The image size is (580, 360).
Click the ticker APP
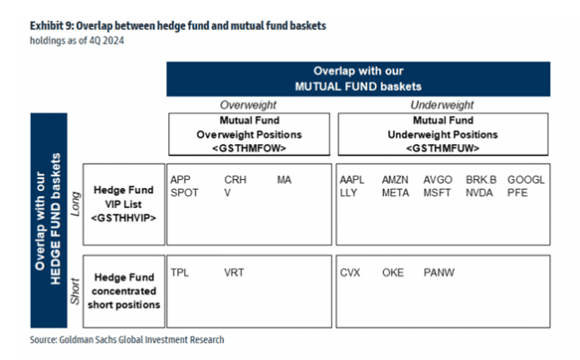tap(180, 180)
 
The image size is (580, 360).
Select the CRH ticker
tap(236, 180)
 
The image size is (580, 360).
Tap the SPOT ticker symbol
tap(184, 193)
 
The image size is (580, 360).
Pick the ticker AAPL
tap(352, 180)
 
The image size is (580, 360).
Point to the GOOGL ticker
tap(526, 180)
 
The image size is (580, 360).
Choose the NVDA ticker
tap(479, 193)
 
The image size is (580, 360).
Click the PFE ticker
tap(517, 193)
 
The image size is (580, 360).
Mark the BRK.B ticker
tap(481, 180)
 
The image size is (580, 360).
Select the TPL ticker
tap(180, 273)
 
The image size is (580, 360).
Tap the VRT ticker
tap(234, 273)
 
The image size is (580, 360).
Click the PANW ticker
tap(439, 273)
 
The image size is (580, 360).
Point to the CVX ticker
tap(350, 273)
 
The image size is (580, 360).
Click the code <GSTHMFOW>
tap(249, 148)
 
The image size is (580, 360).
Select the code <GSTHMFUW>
tap(442, 148)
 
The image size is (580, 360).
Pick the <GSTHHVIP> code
tap(123, 218)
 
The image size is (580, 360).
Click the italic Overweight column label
tap(248, 104)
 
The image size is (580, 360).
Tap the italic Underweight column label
tap(442, 104)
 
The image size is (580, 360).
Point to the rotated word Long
tap(76, 203)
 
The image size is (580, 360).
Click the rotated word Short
tap(76, 292)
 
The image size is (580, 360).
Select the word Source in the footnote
tap(43, 339)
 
